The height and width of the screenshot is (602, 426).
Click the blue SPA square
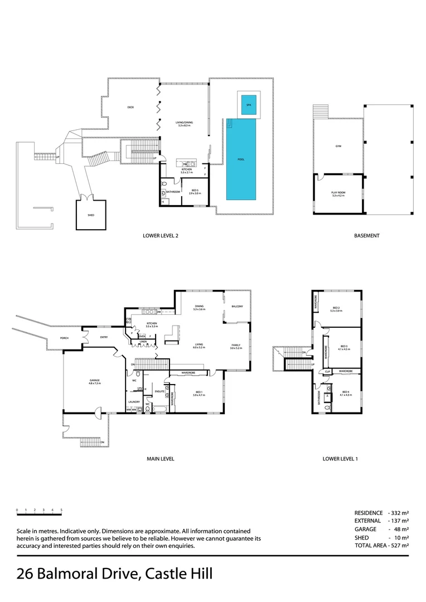click(249, 104)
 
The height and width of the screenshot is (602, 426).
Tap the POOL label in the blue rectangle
click(241, 159)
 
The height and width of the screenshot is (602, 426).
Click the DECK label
click(130, 107)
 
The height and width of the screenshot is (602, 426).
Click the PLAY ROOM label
click(338, 193)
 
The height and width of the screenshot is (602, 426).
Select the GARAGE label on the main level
click(94, 381)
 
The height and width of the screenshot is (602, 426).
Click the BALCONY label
click(236, 306)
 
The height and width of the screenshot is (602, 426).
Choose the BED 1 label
click(199, 391)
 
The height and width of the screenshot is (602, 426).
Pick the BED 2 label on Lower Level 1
click(336, 308)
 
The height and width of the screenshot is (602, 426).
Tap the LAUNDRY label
click(134, 401)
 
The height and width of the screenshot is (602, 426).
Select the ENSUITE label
click(158, 392)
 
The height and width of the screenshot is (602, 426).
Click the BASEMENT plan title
click(366, 236)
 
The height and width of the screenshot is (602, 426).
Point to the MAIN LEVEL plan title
click(161, 459)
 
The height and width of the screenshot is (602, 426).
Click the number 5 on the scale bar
click(61, 510)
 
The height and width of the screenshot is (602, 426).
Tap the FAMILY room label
click(236, 346)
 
